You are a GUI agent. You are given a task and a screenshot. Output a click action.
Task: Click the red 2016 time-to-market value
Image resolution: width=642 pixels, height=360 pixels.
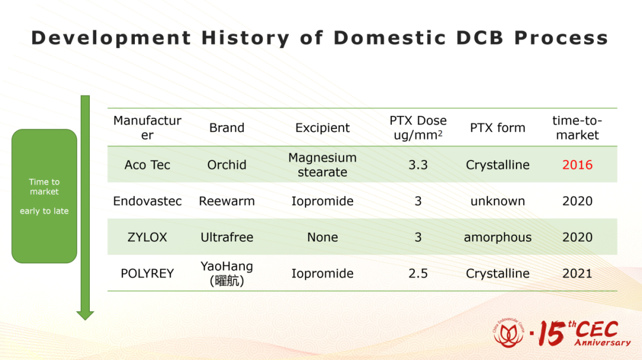coord(577,165)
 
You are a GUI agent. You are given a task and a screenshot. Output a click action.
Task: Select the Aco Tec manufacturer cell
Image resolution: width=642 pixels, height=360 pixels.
coord(147,165)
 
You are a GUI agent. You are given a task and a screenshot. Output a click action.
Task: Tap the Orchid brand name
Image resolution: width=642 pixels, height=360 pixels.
coord(227,165)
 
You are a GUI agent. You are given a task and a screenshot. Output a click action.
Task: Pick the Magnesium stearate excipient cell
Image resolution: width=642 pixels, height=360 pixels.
coord(323,165)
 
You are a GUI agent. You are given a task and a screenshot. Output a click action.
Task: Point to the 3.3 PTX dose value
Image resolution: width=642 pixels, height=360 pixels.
coord(418,165)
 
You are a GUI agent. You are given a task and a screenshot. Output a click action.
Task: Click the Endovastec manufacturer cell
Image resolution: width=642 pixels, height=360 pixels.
coord(147,201)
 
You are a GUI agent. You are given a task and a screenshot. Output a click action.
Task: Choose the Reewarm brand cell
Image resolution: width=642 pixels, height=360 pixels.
coord(227,201)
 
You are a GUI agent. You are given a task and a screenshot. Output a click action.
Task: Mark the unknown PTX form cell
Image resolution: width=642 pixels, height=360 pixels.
coord(498,201)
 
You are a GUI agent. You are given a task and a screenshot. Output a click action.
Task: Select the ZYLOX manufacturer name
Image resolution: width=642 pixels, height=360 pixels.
coord(147,237)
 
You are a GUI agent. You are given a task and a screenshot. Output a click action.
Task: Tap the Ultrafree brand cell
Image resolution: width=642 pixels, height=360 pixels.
coord(227,237)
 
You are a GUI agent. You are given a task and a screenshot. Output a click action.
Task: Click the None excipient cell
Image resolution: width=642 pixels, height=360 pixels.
coord(323,237)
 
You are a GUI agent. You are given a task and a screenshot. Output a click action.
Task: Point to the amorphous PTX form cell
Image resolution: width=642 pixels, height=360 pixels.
coord(498,237)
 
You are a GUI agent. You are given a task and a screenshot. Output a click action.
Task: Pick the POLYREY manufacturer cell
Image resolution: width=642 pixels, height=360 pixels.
coord(147,273)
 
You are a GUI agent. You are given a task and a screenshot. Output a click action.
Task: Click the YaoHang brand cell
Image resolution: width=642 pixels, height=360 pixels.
coord(227,273)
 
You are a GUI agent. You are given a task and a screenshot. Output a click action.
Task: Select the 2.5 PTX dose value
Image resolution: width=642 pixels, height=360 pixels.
coord(418,273)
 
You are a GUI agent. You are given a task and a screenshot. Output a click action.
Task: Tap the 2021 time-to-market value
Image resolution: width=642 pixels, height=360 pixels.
coord(577,273)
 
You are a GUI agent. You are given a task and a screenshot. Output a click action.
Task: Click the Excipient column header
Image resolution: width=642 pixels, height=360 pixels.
coord(323,128)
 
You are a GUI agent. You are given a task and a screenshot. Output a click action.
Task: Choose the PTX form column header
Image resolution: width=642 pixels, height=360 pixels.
coord(498,128)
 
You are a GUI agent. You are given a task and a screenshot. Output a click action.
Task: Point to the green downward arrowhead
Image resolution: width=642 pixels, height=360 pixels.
coord(85,315)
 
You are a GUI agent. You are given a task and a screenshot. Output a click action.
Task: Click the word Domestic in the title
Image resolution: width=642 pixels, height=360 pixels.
coord(389,38)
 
